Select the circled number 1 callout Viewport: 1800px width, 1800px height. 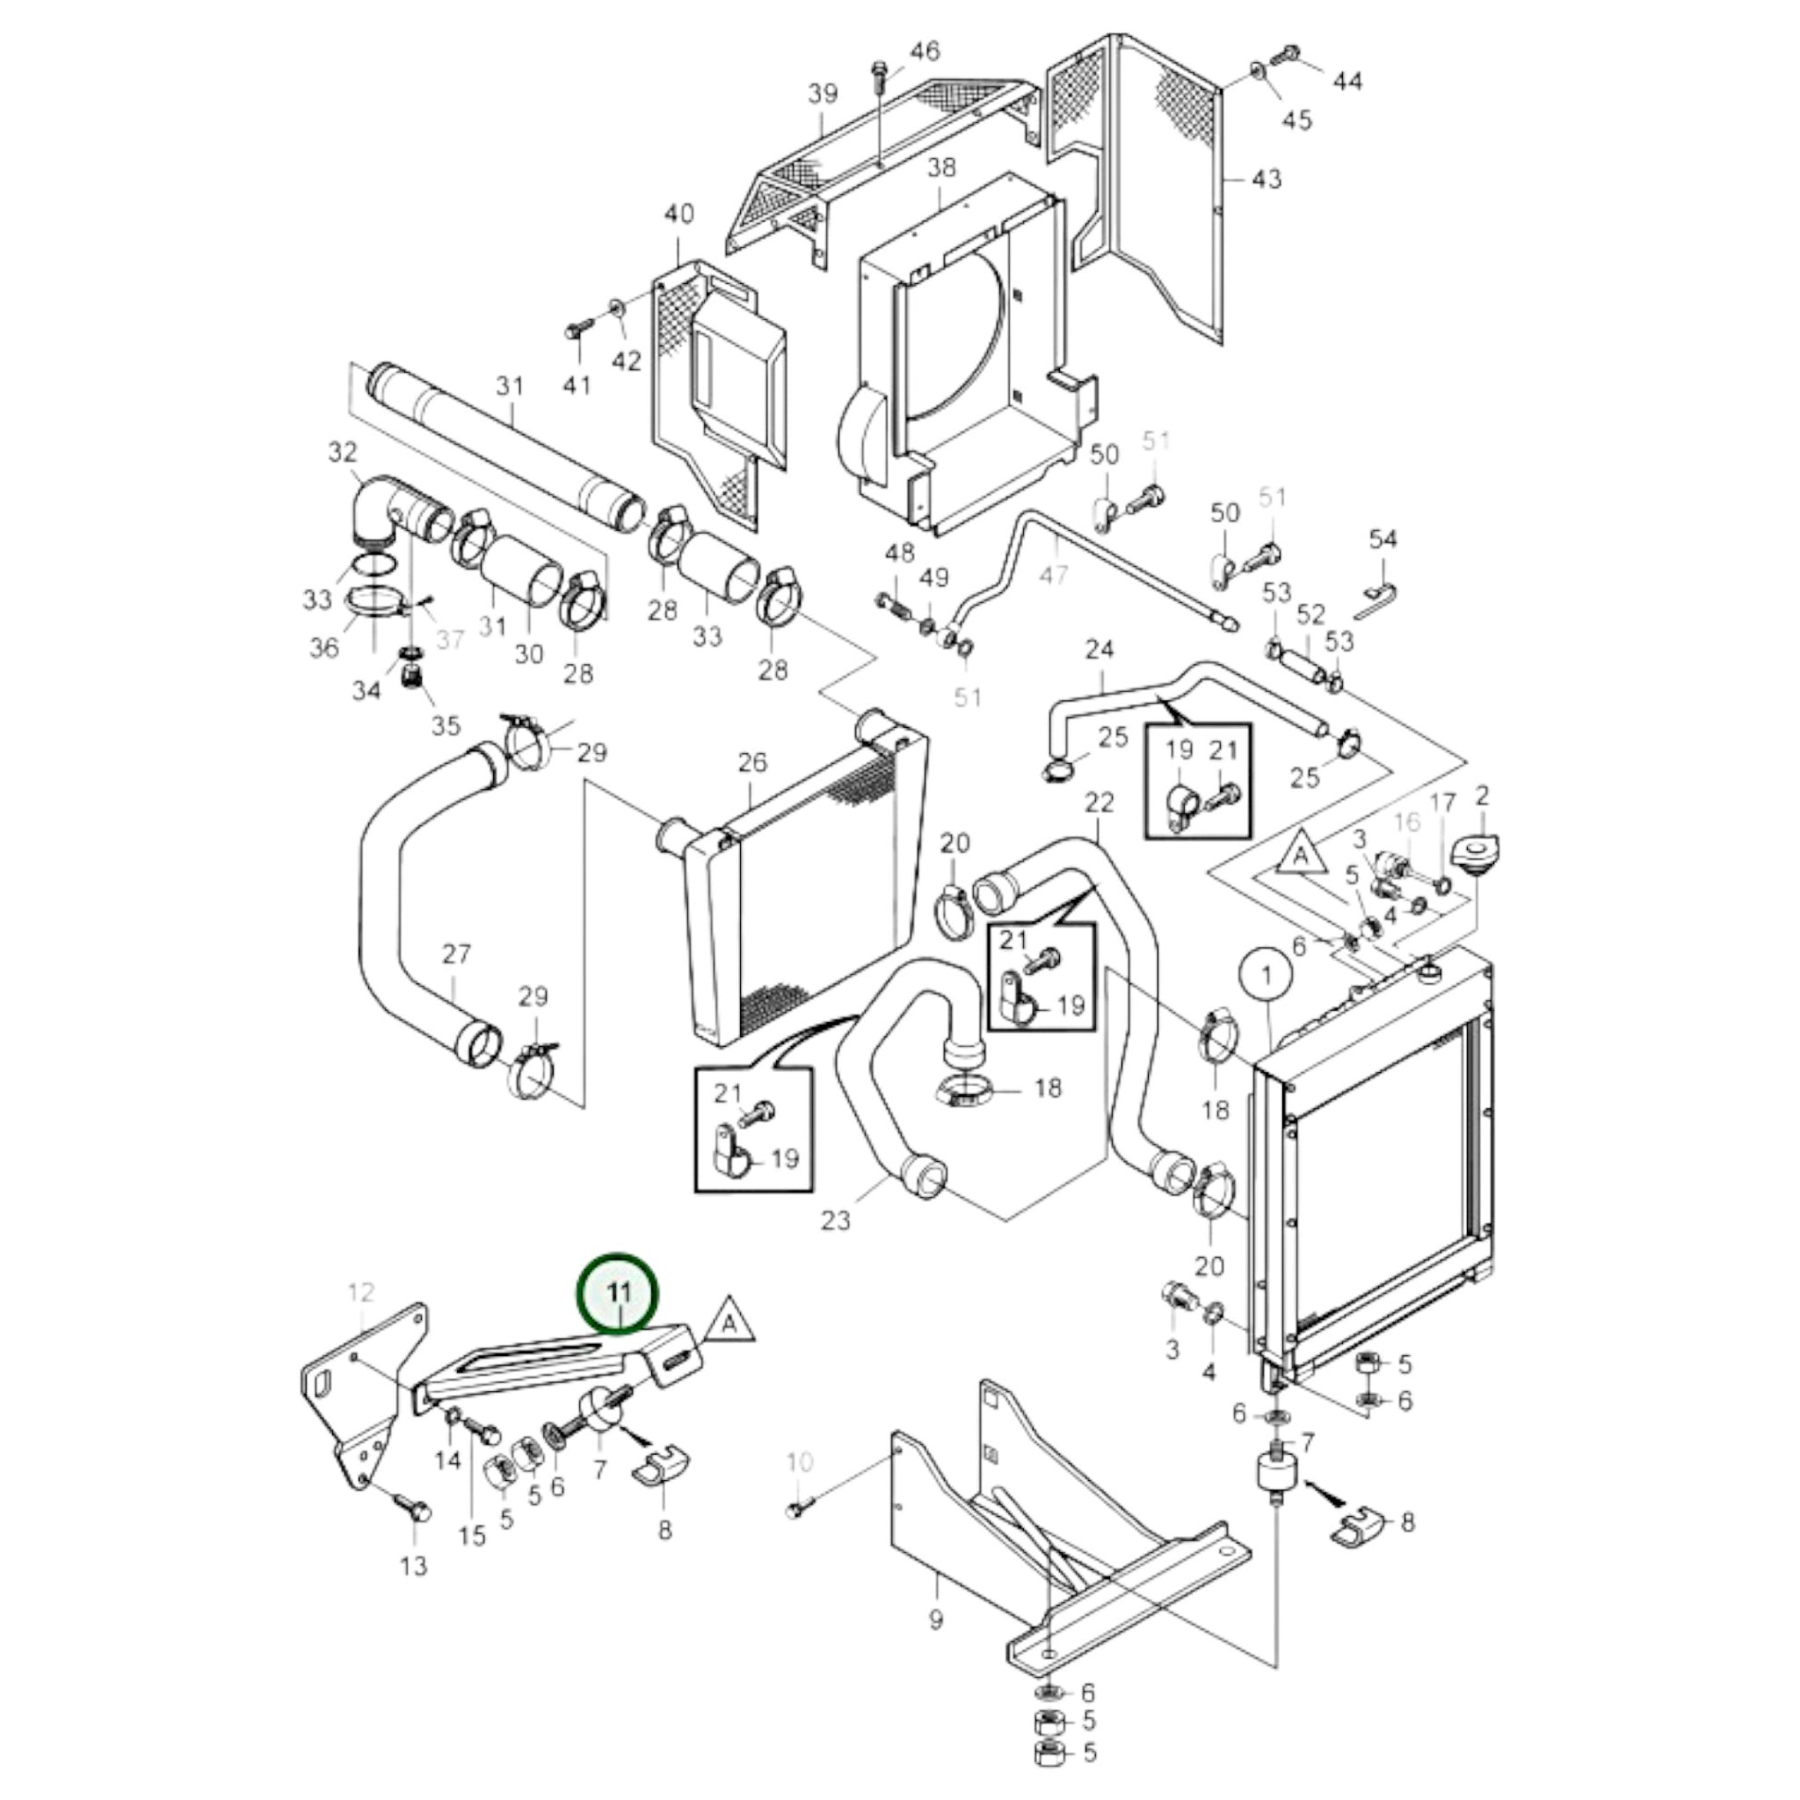1265,976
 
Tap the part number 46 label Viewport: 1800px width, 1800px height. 924,50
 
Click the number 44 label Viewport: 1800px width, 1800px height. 1346,82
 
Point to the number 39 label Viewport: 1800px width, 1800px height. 822,94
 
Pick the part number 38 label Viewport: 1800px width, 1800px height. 941,167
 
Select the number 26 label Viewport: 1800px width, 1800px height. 752,762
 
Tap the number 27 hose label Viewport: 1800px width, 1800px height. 457,954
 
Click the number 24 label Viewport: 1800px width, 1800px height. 1100,648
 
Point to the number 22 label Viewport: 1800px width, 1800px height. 1100,802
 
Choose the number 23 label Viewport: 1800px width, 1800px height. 836,1219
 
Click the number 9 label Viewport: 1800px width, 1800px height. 935,1621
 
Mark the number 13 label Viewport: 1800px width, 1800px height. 413,1565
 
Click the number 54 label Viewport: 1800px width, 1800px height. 1384,538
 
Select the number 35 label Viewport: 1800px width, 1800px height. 446,726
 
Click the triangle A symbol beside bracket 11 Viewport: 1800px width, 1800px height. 730,1321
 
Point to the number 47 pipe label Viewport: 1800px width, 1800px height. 1054,574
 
